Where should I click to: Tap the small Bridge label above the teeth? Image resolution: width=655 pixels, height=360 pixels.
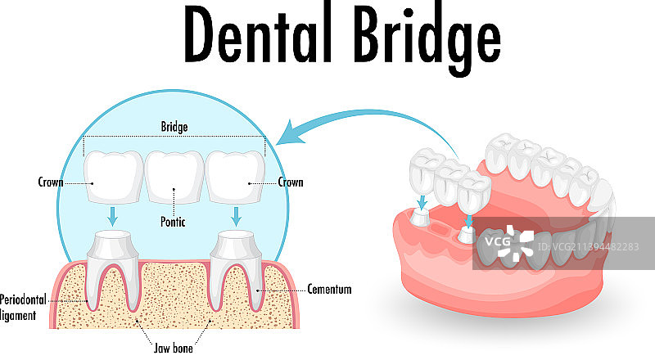point(174,127)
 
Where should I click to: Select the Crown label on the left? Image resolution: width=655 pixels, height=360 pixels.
point(52,182)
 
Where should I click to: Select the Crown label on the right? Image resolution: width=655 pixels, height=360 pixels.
point(290,182)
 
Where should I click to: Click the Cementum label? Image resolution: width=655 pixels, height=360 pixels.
point(329,289)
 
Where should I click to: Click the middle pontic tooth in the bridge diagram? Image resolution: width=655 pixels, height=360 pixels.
point(174,173)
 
